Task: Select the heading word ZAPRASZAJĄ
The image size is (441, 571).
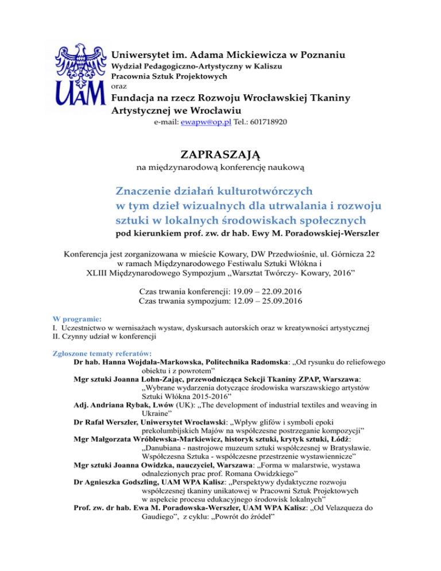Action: (x=220, y=155)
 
